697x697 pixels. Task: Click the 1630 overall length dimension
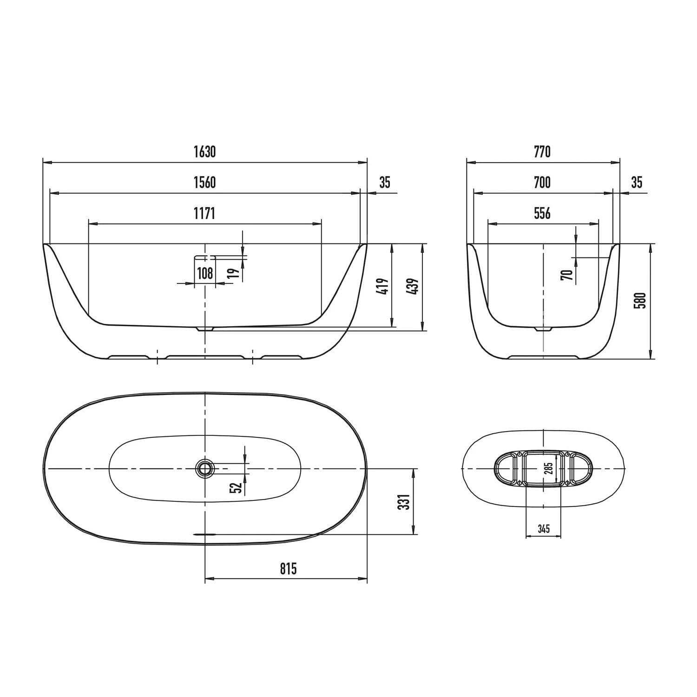[x=204, y=152]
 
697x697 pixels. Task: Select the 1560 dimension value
[x=204, y=183]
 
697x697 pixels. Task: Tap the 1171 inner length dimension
[x=204, y=213]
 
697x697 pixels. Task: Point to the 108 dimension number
[x=205, y=273]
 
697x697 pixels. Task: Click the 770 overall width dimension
[x=542, y=152]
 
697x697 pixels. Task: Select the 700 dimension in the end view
[x=542, y=183]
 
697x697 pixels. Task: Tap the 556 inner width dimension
[x=542, y=213]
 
